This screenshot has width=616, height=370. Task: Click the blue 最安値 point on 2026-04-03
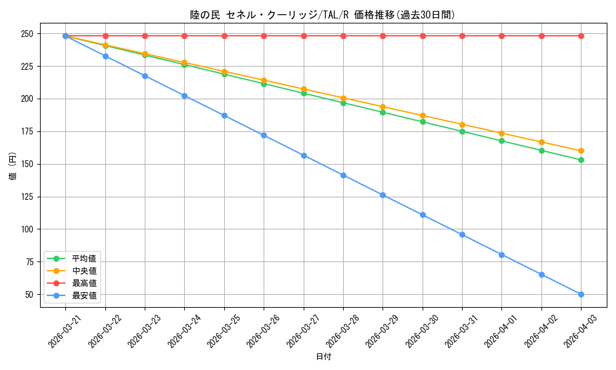coord(581,294)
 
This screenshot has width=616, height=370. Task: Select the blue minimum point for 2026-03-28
coord(343,175)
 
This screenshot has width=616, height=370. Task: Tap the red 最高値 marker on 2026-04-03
coord(581,36)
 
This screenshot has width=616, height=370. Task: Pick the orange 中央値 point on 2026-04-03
coord(581,150)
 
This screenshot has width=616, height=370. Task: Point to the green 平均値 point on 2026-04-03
coord(581,160)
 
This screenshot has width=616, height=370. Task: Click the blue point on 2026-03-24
coord(184,96)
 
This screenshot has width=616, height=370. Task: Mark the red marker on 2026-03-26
coord(264,36)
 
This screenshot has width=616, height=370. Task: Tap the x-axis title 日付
coord(323,357)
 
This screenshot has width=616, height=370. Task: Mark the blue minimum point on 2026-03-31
coord(462,234)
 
